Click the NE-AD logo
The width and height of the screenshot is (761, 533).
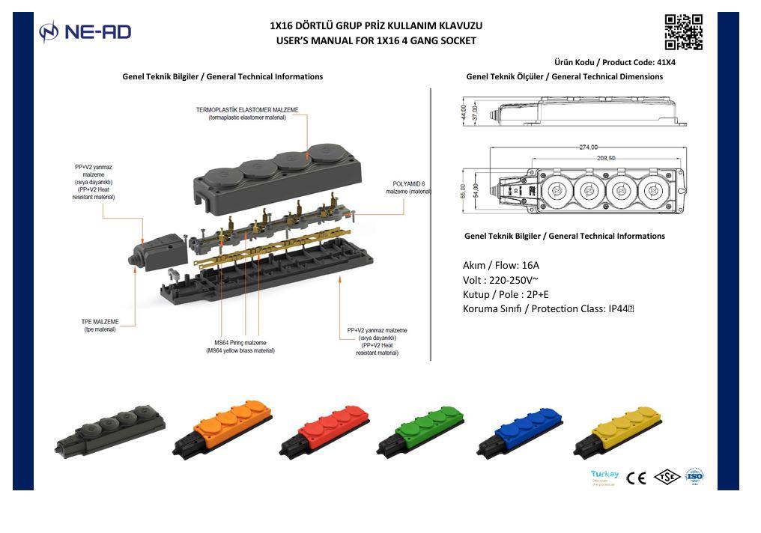tap(85, 31)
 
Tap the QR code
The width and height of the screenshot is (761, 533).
tap(683, 32)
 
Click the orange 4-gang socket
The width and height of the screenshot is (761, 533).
tap(222, 429)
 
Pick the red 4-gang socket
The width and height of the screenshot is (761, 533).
tap(324, 430)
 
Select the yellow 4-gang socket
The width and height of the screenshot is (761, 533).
tap(619, 430)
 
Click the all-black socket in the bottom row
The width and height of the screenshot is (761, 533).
tap(109, 430)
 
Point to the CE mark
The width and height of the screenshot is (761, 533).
tap(636, 478)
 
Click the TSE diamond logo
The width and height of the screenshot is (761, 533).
tap(667, 477)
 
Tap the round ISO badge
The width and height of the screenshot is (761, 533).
tap(694, 476)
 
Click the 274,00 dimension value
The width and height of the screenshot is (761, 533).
tap(588, 147)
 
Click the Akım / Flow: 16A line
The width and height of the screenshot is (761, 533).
tap(501, 265)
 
